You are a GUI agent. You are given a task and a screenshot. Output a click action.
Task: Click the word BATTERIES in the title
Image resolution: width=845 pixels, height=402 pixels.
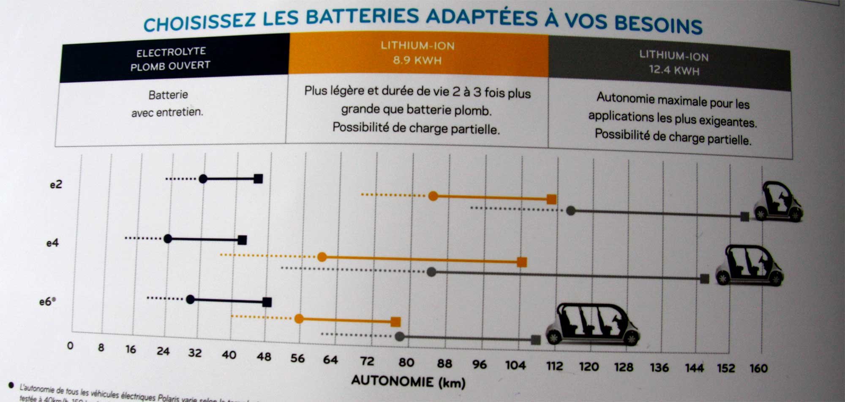(363, 17)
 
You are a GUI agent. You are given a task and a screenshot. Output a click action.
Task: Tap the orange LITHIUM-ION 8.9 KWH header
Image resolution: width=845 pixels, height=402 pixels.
(417, 53)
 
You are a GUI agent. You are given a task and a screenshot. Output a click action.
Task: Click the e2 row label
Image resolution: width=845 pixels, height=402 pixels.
(56, 184)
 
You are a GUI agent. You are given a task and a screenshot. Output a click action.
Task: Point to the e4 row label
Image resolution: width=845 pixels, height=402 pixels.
(52, 243)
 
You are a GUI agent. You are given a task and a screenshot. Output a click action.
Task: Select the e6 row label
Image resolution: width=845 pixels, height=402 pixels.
(47, 302)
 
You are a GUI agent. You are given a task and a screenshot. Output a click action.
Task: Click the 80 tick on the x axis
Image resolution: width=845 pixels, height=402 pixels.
(406, 362)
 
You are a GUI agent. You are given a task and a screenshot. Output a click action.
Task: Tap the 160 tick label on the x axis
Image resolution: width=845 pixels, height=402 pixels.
(758, 368)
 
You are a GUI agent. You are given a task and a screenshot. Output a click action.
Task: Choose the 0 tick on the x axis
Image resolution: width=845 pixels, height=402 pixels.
(70, 346)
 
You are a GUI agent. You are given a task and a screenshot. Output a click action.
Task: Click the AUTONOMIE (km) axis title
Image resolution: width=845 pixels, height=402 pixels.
(408, 382)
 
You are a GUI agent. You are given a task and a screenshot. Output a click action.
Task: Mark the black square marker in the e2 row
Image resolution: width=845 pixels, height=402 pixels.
(258, 179)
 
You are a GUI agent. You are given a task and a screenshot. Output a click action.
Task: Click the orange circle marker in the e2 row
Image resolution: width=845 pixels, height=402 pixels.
(433, 196)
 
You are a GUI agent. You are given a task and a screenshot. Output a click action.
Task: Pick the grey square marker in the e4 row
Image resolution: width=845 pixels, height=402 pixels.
(704, 278)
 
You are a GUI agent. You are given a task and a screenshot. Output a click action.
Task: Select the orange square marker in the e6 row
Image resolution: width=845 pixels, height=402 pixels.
(395, 322)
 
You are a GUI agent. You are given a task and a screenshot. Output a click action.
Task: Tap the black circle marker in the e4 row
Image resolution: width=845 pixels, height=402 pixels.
(168, 239)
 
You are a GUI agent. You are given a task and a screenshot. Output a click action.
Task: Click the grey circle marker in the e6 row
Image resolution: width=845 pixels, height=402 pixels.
(400, 337)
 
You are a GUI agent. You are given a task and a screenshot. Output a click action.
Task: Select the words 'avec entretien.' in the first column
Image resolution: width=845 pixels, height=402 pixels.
(167, 113)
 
